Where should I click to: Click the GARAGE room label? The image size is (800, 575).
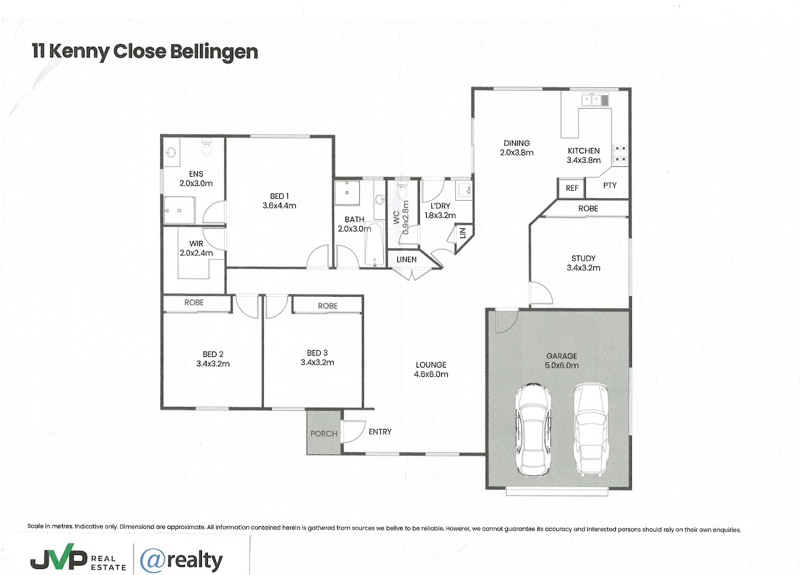[x=561, y=356]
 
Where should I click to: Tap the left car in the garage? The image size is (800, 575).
[x=533, y=430]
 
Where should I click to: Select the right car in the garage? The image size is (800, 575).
[x=591, y=430]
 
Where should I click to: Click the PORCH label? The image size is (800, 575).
[x=323, y=434]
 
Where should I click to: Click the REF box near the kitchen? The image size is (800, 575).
[x=571, y=188]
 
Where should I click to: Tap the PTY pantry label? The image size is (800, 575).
[x=609, y=185]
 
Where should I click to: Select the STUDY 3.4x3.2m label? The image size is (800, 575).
[x=583, y=263]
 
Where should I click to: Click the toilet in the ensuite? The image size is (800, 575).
[x=207, y=147]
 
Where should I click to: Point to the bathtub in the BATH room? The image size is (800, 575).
[x=374, y=245]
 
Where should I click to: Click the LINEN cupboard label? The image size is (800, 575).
[x=407, y=259]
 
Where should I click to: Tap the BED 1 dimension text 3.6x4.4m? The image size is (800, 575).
[x=279, y=205]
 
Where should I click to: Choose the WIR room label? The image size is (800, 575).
[x=196, y=243]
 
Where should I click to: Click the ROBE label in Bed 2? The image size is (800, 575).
[x=194, y=302]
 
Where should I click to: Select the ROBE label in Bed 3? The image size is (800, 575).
[x=327, y=306]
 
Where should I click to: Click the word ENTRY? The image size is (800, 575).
[x=380, y=432]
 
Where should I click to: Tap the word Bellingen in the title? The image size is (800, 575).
[x=214, y=52]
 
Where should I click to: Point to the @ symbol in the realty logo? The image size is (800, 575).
[x=153, y=560]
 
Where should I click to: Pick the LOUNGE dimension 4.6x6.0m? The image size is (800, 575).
[x=431, y=374]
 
